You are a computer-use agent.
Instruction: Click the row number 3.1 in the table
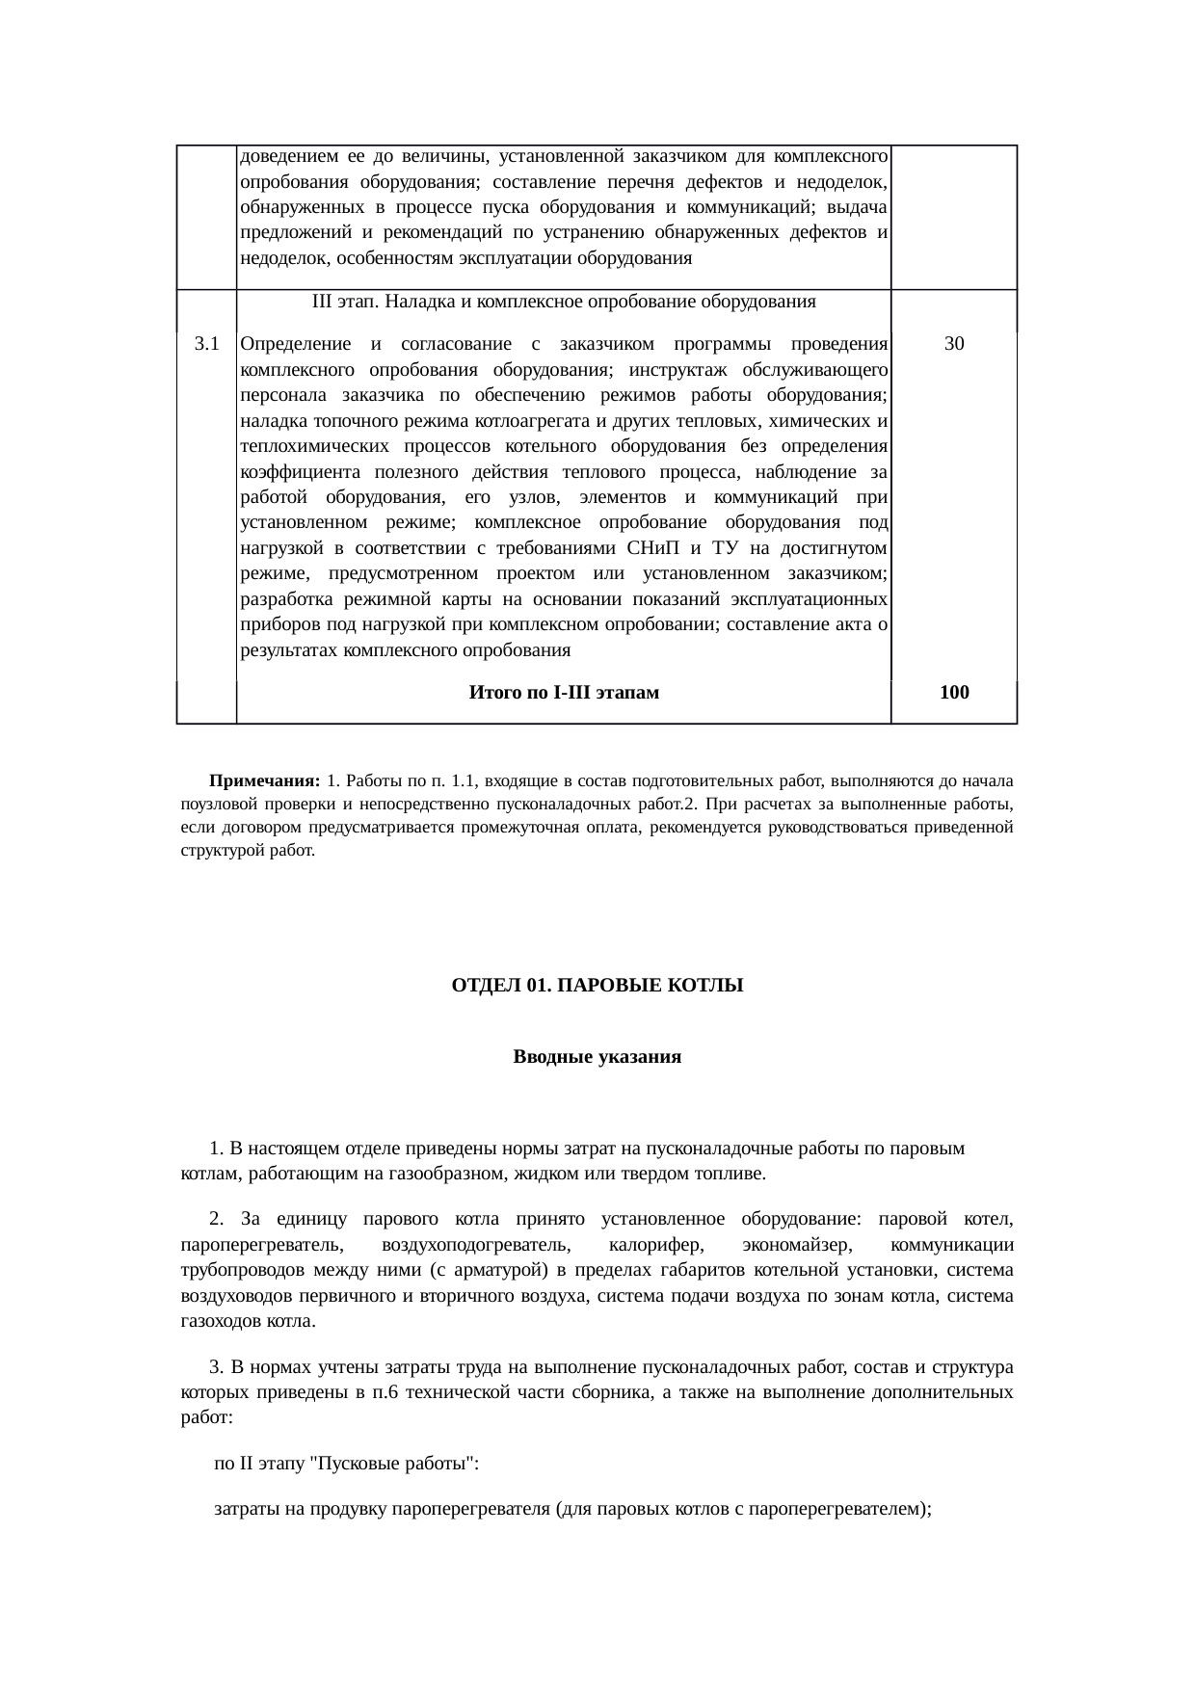tap(206, 344)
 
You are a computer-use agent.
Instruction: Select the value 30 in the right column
tap(954, 344)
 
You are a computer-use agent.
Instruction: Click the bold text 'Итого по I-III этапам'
tap(564, 693)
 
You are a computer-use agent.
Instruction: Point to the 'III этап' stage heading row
tap(564, 302)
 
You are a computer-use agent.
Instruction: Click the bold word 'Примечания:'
tap(264, 779)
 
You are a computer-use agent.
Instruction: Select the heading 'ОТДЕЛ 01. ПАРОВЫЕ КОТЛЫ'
tap(597, 986)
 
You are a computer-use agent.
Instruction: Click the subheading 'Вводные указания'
tap(597, 1057)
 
